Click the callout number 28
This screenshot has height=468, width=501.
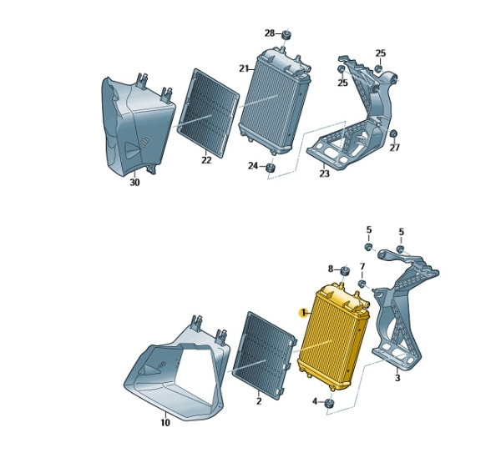click(270, 33)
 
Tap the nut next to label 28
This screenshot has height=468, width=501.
click(286, 34)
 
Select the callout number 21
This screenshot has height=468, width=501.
click(244, 68)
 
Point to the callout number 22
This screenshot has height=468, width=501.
click(206, 160)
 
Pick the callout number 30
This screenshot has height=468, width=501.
click(134, 183)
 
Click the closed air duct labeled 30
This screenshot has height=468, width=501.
click(138, 125)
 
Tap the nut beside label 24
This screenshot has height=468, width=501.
click(271, 168)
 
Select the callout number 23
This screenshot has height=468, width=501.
click(324, 174)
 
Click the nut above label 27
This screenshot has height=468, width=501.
click(394, 133)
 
